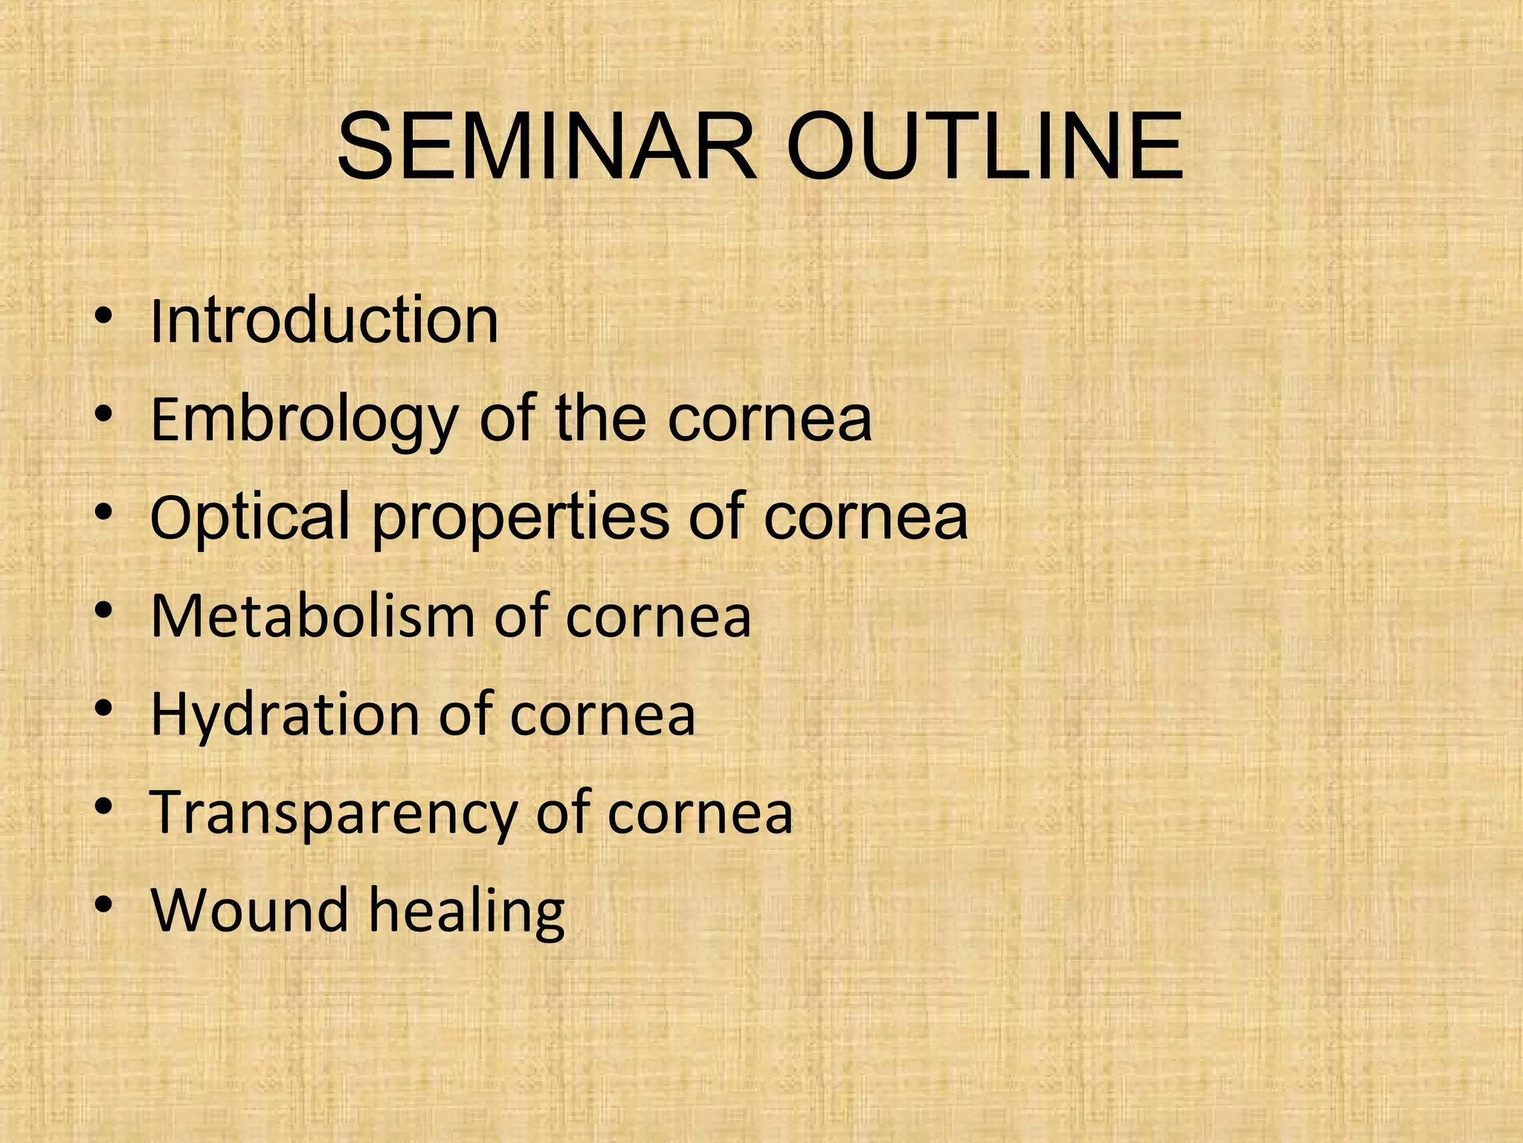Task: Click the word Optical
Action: [250, 519]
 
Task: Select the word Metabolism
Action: [312, 616]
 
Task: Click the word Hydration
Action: [286, 714]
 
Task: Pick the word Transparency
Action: [332, 813]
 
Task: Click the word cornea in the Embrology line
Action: [769, 420]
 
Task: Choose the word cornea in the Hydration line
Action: [602, 716]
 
